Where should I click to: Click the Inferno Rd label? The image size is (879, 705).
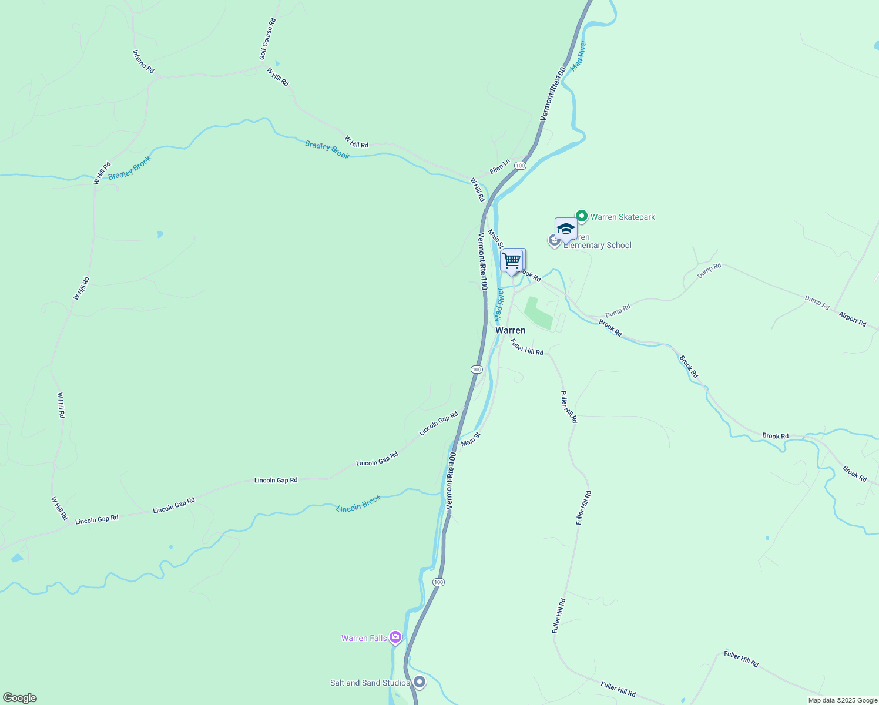click(x=143, y=62)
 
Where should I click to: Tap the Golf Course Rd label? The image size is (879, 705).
click(x=267, y=39)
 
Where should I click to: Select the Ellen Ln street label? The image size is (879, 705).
click(x=500, y=167)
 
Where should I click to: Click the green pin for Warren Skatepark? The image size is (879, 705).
click(x=582, y=216)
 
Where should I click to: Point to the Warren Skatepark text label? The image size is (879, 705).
click(x=622, y=217)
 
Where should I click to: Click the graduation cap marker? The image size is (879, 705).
click(x=566, y=229)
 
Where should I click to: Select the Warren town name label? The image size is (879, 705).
click(x=510, y=330)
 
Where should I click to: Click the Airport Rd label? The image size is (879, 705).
click(x=852, y=320)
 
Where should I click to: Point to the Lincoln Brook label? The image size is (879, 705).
click(x=358, y=503)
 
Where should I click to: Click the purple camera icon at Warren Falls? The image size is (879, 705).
click(x=395, y=637)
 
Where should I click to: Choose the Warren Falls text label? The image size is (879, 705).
click(x=364, y=638)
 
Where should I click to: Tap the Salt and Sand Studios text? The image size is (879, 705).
click(x=370, y=683)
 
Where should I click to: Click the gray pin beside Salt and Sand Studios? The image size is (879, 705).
click(x=420, y=682)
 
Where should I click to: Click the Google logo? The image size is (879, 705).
click(x=19, y=698)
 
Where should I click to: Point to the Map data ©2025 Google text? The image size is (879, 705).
click(x=842, y=700)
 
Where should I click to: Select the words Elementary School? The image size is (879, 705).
click(x=598, y=246)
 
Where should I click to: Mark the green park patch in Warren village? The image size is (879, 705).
click(x=537, y=313)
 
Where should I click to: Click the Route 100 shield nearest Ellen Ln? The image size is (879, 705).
click(x=520, y=166)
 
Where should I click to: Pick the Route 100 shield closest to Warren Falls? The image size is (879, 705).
click(x=438, y=582)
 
